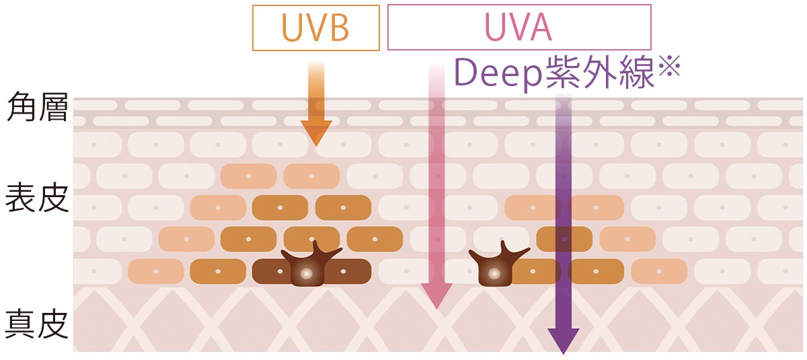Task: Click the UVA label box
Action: click(x=519, y=27)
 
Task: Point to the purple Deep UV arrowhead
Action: click(x=563, y=339)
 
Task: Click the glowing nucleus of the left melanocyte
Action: click(x=307, y=274)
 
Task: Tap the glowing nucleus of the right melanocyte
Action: click(x=494, y=274)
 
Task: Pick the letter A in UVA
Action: click(x=541, y=27)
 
